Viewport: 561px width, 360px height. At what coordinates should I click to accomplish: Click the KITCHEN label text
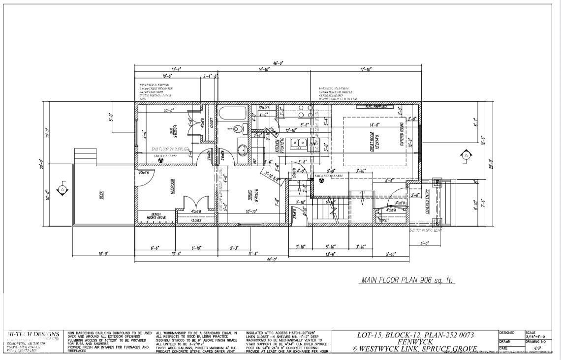[x=278, y=146]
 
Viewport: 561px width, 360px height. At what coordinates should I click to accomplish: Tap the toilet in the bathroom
[x=238, y=129]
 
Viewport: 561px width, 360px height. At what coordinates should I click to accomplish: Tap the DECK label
[x=101, y=195]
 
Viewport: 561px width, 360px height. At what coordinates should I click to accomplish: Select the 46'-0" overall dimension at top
[x=279, y=63]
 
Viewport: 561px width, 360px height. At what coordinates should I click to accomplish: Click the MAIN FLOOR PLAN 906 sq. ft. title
[x=408, y=280]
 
